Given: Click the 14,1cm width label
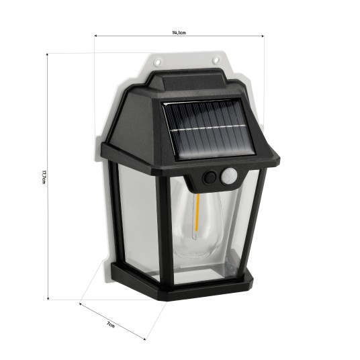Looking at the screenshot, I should pyautogui.click(x=179, y=30).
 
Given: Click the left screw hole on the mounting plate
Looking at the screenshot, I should pyautogui.click(x=159, y=61).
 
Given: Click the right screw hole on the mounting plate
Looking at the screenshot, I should pyautogui.click(x=216, y=60).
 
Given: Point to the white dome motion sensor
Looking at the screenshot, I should pyautogui.click(x=230, y=177).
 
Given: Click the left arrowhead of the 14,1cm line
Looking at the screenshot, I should pyautogui.click(x=96, y=35).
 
